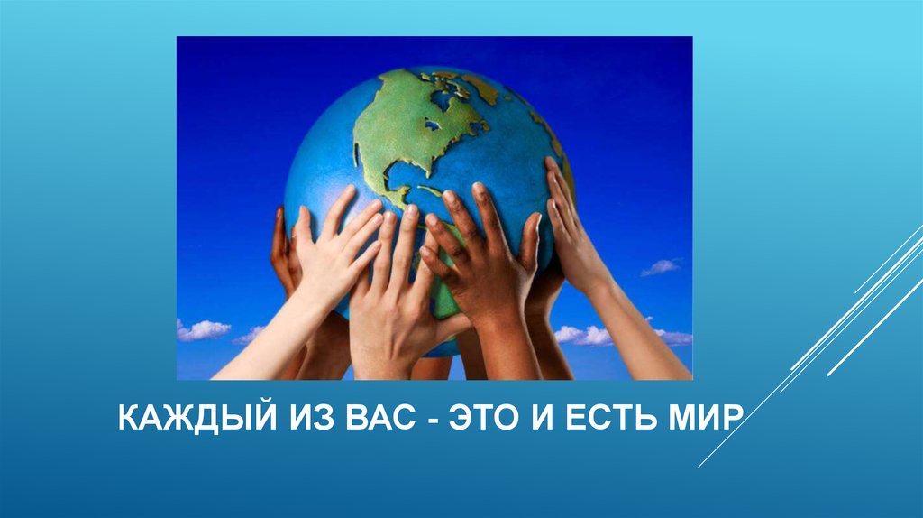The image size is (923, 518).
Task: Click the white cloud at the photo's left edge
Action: pyautogui.click(x=200, y=330)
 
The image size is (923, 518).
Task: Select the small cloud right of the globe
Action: pyautogui.click(x=661, y=266)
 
